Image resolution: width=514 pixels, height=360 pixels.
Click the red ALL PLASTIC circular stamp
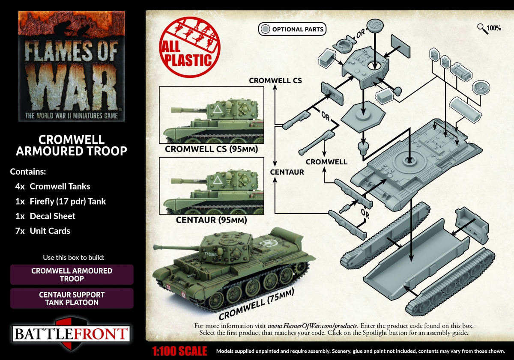[189, 47]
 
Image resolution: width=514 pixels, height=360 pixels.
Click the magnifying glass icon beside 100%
[483, 29]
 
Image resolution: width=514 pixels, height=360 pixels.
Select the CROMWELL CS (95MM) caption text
[211, 149]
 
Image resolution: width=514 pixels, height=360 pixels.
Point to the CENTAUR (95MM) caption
[211, 220]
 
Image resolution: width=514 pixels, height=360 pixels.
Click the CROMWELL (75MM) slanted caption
[256, 304]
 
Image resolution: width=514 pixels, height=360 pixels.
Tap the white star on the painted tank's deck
[268, 243]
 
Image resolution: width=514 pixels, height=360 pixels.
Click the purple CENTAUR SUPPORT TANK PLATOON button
[72, 298]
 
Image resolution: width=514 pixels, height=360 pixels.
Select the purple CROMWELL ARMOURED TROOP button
[72, 274]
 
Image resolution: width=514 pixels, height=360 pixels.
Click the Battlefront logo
[71, 333]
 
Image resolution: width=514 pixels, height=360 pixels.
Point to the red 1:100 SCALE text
[179, 351]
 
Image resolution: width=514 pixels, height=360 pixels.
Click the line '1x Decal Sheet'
[45, 216]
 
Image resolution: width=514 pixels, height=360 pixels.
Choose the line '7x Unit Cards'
[43, 231]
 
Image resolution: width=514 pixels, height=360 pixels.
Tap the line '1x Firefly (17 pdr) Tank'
[60, 201]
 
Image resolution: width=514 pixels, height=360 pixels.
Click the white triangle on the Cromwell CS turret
[218, 109]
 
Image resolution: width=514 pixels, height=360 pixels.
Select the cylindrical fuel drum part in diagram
[465, 110]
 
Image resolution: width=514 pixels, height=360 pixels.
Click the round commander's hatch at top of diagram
[375, 25]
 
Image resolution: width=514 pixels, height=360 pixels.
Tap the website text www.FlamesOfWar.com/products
[313, 326]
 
